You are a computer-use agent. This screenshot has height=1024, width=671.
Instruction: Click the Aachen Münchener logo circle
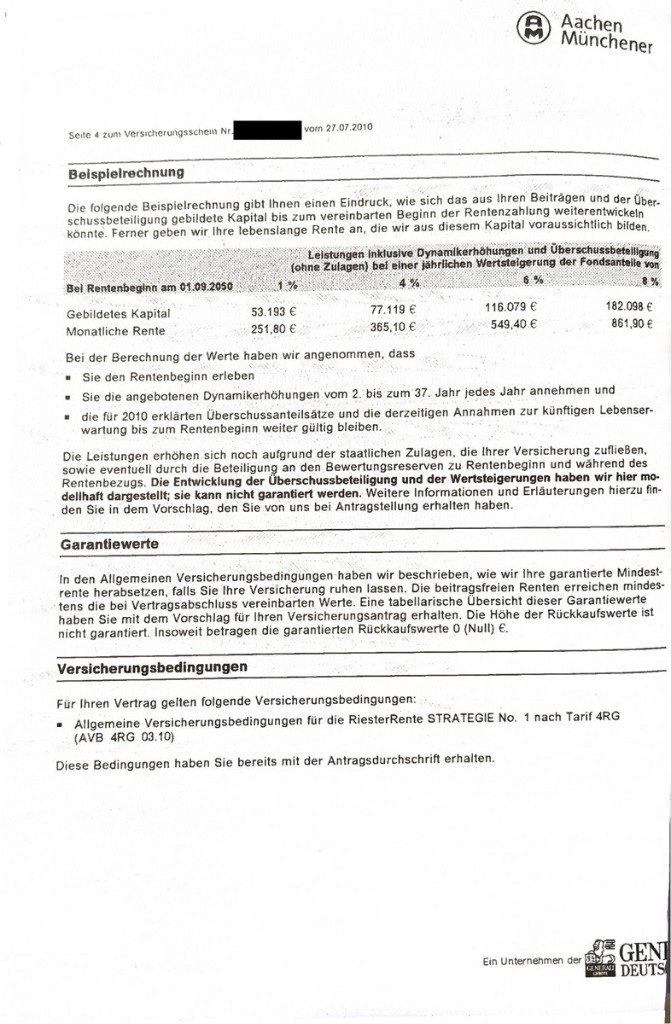(x=535, y=29)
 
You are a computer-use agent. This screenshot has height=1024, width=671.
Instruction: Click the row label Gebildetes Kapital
(x=112, y=314)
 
